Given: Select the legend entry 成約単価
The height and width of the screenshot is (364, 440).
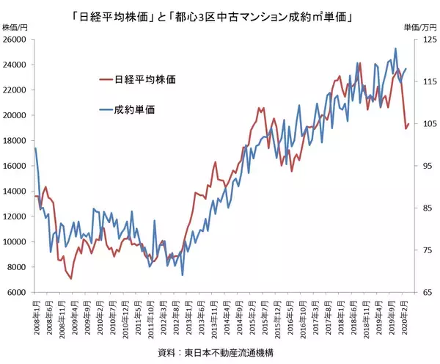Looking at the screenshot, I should (x=135, y=110).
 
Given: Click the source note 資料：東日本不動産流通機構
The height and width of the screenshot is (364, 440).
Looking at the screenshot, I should (x=219, y=353).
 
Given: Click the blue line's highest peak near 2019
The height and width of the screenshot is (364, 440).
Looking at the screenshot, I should (x=396, y=48).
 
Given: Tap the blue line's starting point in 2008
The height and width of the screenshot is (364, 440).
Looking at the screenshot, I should (x=35, y=148).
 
